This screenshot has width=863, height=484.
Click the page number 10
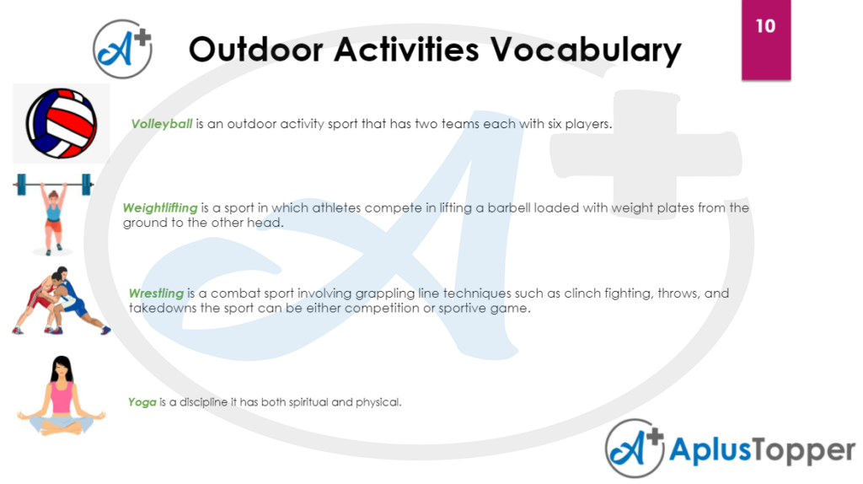pos(765,26)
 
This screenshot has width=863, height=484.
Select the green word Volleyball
pos(162,124)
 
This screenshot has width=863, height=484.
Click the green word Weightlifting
pos(160,207)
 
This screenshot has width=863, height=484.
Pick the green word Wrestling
pos(156,293)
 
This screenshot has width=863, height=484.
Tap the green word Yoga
pos(142,402)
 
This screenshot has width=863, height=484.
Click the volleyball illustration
pos(61,123)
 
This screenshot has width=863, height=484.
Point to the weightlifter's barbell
pos(52,181)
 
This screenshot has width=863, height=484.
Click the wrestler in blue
pos(73,298)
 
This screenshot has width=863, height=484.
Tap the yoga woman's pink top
pos(62,397)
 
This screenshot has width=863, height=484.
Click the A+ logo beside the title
pos(123,48)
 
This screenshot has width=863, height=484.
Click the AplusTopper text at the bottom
pos(762,451)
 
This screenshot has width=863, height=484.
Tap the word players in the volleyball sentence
pos(585,124)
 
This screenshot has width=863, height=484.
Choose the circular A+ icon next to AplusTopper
pos(635,449)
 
